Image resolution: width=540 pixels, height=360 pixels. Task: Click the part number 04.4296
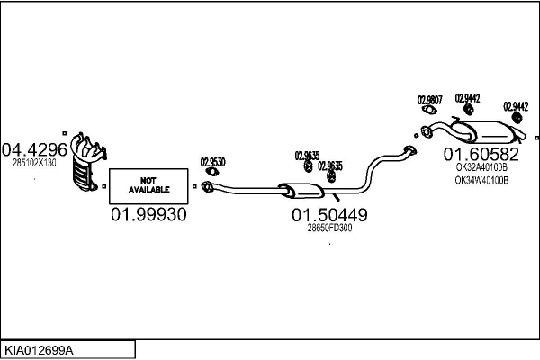click(x=35, y=148)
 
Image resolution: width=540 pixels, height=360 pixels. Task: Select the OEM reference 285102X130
click(x=34, y=163)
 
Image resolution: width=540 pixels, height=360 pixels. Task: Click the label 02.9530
click(x=212, y=162)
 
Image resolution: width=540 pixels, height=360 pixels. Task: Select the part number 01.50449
click(x=328, y=215)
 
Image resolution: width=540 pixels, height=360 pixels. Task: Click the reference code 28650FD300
click(x=329, y=228)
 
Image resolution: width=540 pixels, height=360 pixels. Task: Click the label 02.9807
click(x=429, y=100)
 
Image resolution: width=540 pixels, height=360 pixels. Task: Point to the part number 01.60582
click(x=481, y=153)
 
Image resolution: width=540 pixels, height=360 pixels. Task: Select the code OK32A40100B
click(x=481, y=166)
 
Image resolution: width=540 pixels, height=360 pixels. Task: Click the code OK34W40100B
click(x=481, y=179)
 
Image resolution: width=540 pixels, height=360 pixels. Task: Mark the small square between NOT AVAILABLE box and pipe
click(x=194, y=186)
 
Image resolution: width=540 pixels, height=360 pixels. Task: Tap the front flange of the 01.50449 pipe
click(x=207, y=186)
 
